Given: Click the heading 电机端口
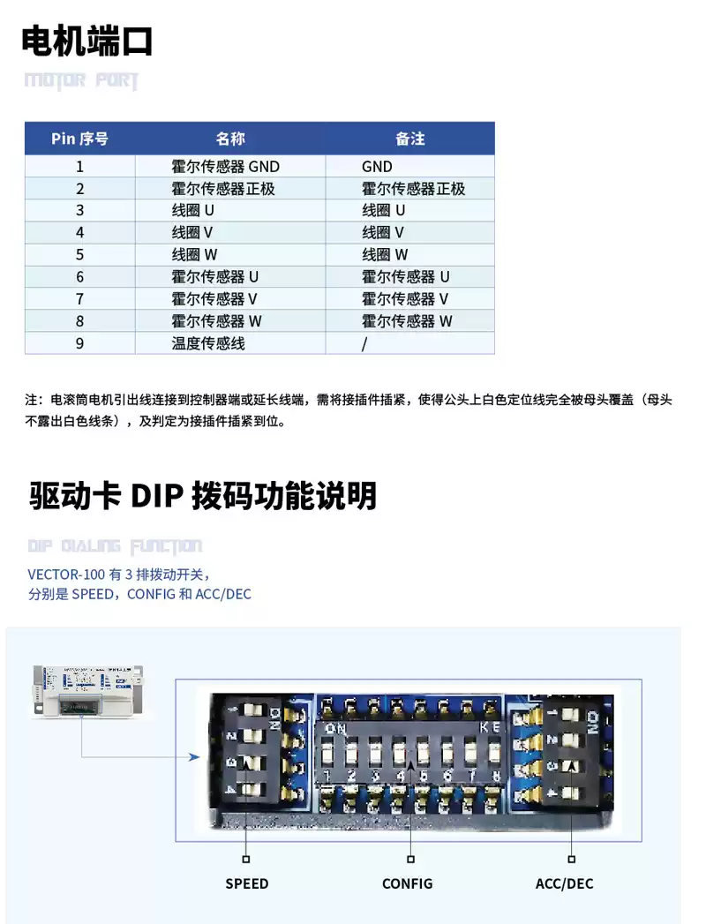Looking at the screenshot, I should tap(87, 41).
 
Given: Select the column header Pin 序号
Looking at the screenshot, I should tap(79, 139).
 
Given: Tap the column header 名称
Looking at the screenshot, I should tap(230, 139).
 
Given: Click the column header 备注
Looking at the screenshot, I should tap(409, 139).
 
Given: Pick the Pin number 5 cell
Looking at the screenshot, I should tap(79, 254).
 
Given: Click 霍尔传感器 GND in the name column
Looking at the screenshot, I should tap(225, 166).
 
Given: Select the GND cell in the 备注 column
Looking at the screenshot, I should tap(377, 166).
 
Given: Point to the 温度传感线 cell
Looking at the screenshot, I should tap(208, 343).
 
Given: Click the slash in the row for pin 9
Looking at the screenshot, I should tap(364, 343).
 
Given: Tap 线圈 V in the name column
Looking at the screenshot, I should tap(192, 233).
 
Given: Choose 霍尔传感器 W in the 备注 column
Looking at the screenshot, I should tap(407, 321).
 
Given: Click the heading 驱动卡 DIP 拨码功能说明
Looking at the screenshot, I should tap(203, 496).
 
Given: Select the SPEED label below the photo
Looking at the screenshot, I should tap(246, 883).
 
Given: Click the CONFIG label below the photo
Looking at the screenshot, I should tap(407, 883).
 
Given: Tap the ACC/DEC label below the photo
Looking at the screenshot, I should tap(565, 883).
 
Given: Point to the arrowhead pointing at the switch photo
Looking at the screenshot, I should tap(193, 756).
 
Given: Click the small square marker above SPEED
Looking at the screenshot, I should tap(246, 858).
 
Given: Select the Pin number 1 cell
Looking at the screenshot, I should tap(79, 166).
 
